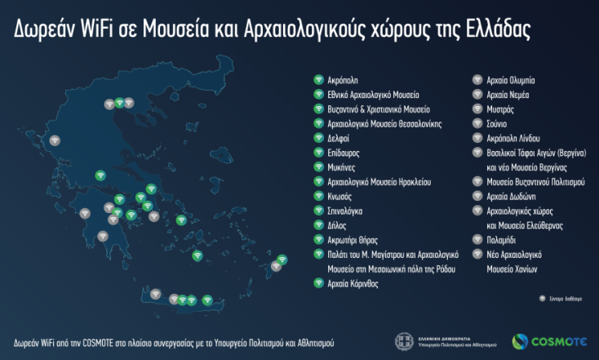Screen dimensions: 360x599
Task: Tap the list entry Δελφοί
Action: coord(338,138)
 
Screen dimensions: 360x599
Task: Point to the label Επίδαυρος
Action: coord(343,153)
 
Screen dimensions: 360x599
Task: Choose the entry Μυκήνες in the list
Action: coord(341,167)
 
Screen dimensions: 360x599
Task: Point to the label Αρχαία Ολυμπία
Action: coord(511,80)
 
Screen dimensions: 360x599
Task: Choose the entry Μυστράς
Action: coord(501,109)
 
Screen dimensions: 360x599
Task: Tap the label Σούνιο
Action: coord(499,123)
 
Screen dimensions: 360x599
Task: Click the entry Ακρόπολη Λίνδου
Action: coord(513,138)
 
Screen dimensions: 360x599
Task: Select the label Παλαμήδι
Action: coord(505,240)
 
